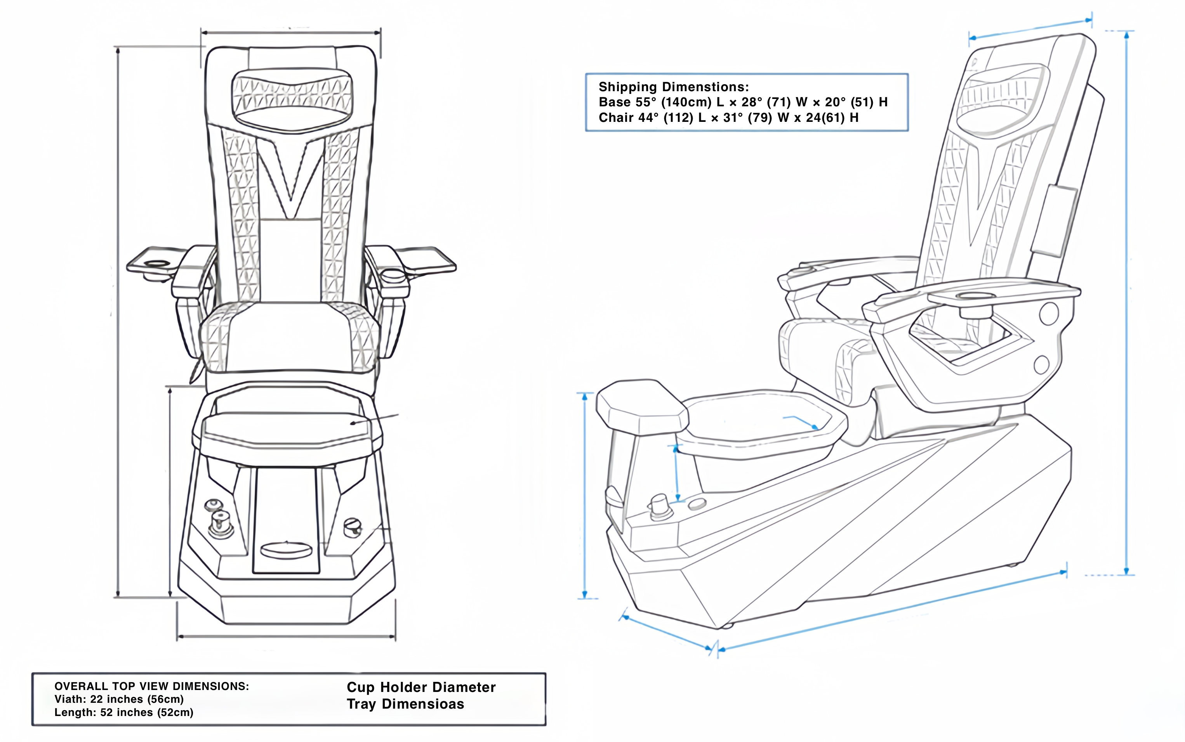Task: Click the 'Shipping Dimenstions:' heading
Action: (674, 87)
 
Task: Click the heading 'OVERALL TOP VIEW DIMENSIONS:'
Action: (152, 686)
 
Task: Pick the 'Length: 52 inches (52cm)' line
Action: (124, 713)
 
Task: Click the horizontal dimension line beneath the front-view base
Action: (286, 636)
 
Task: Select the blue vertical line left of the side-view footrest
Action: (584, 496)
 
